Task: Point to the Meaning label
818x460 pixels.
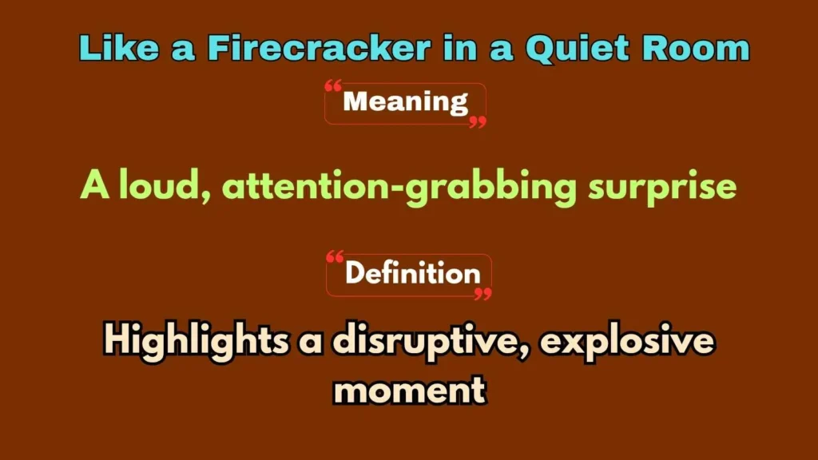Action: click(405, 102)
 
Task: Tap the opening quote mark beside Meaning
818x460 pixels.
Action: click(334, 85)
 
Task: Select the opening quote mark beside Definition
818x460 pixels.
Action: click(335, 257)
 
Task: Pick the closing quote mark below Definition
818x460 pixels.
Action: click(482, 295)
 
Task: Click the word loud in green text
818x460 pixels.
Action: click(164, 187)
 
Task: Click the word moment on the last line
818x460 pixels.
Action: click(409, 390)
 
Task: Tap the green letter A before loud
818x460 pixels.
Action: click(94, 187)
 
